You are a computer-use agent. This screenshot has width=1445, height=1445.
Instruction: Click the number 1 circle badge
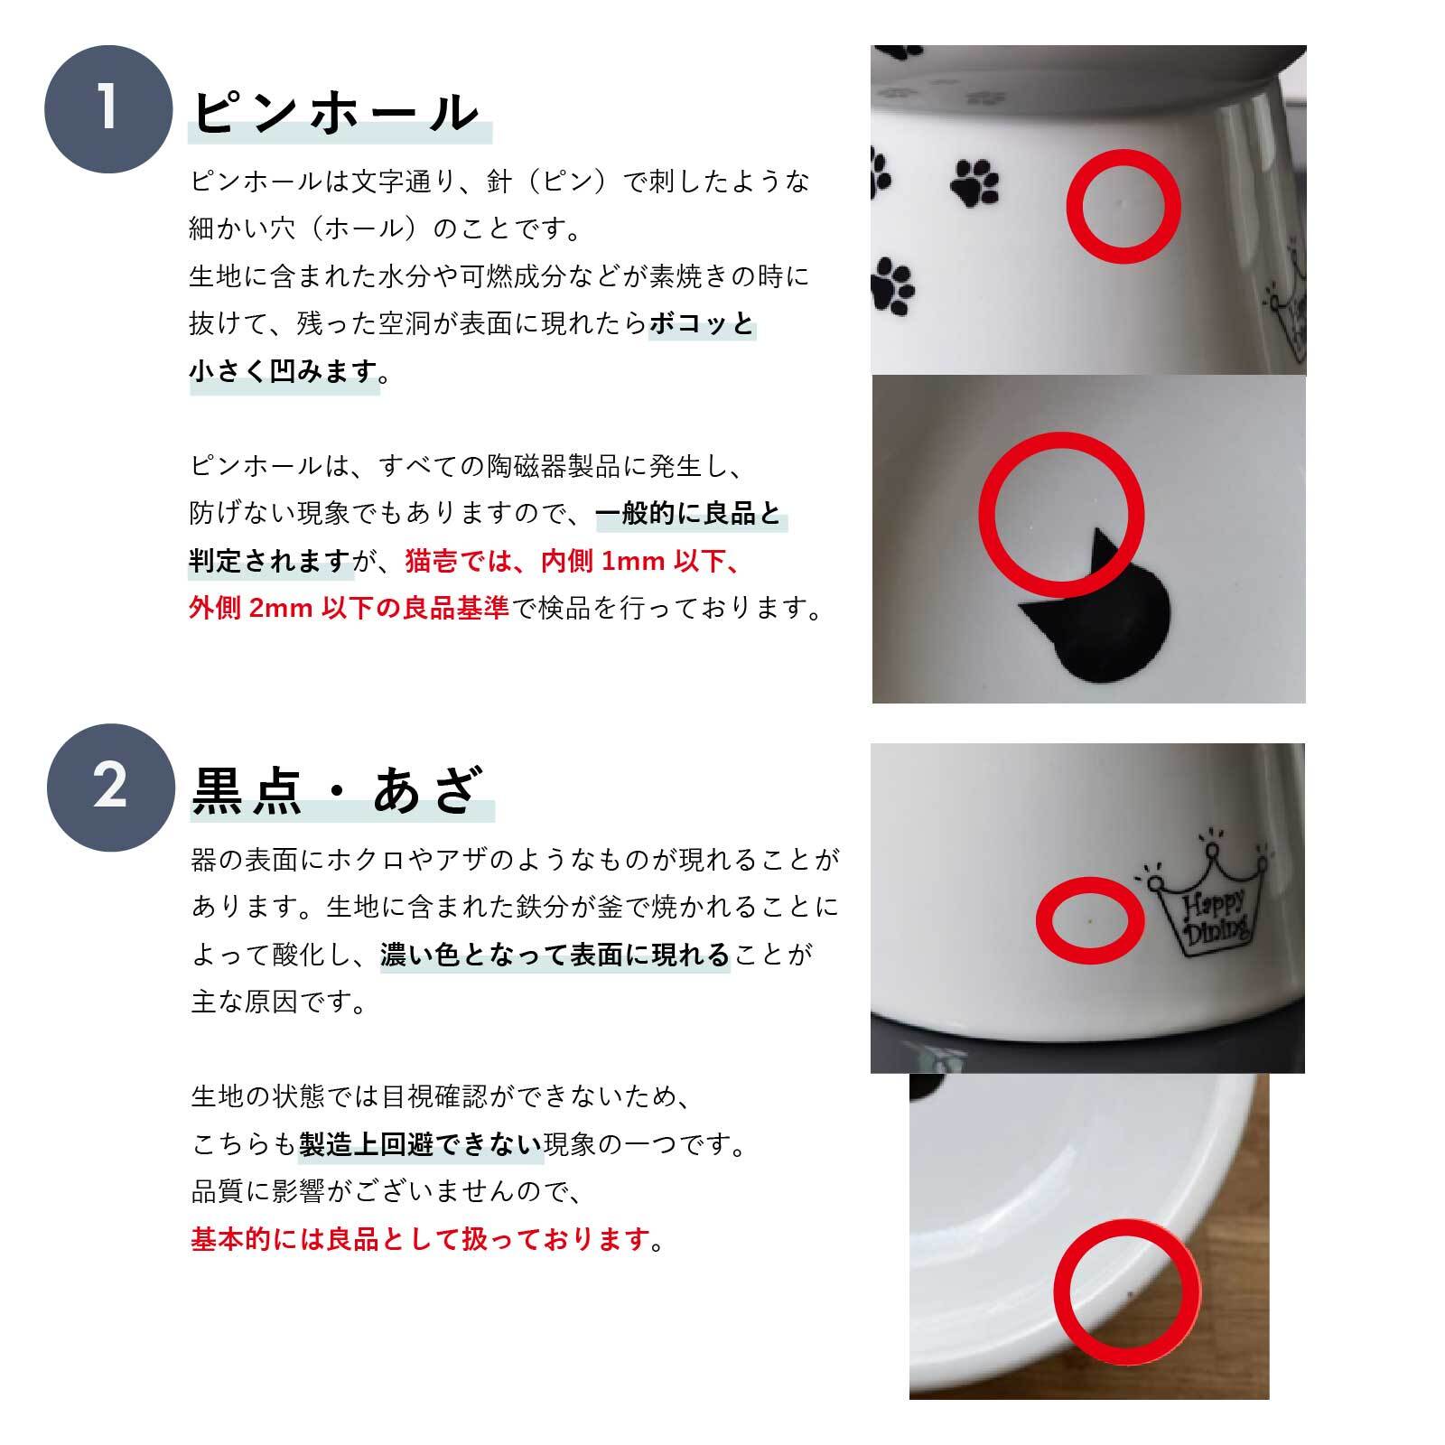pyautogui.click(x=108, y=108)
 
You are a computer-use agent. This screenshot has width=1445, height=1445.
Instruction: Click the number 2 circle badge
pyautogui.click(x=109, y=787)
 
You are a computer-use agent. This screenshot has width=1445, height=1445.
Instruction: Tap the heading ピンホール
pyautogui.click(x=337, y=114)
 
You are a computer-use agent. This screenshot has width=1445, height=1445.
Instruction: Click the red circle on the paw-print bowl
pyautogui.click(x=1123, y=207)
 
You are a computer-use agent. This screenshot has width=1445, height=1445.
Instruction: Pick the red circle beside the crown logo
pyautogui.click(x=1090, y=919)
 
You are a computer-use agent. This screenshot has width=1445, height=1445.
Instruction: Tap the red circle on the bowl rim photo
pyautogui.click(x=1127, y=1291)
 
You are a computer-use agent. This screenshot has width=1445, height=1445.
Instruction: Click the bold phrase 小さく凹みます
pyautogui.click(x=284, y=371)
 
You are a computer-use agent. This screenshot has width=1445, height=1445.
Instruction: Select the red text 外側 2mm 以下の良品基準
pyautogui.click(x=350, y=608)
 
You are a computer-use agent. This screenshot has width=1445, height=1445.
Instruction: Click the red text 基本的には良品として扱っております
pyautogui.click(x=421, y=1238)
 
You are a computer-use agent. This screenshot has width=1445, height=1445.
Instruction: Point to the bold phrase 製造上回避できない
pyautogui.click(x=420, y=1145)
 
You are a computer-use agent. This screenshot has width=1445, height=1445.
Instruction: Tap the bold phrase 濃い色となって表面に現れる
pyautogui.click(x=555, y=955)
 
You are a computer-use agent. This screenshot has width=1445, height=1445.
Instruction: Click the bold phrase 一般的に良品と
pyautogui.click(x=689, y=514)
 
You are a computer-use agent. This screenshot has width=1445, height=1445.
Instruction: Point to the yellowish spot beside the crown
pyautogui.click(x=1092, y=920)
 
